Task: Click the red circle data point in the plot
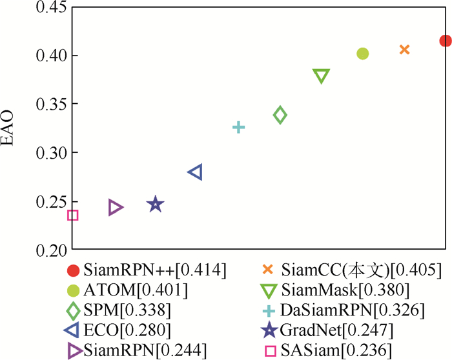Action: [445, 41]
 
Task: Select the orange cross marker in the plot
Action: [405, 50]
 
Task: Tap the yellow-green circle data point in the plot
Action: [363, 54]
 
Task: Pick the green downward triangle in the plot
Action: [322, 76]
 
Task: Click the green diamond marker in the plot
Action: [280, 115]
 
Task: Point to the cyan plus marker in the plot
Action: [238, 127]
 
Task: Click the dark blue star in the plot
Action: [155, 205]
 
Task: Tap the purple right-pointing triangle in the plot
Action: [115, 207]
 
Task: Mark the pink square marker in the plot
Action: [73, 215]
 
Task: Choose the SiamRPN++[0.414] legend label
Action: [155, 270]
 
